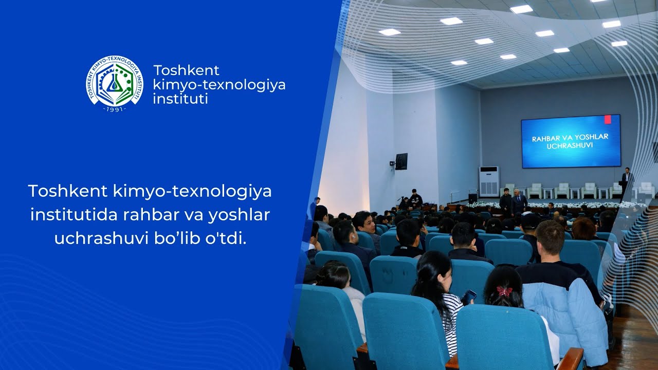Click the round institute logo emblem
pyautogui.click(x=114, y=82)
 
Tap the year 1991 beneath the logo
pyautogui.click(x=114, y=109)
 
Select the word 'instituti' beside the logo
pyautogui.click(x=180, y=99)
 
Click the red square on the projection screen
pyautogui.click(x=608, y=120)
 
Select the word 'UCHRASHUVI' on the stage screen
pyautogui.click(x=570, y=146)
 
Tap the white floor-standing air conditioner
pyautogui.click(x=488, y=181)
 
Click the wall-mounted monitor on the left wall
pyautogui.click(x=401, y=161)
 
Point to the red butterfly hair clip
pyautogui.click(x=504, y=291)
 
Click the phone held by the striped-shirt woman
pyautogui.click(x=469, y=296)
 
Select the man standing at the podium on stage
pyautogui.click(x=626, y=180)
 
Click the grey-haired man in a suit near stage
pyautogui.click(x=519, y=202)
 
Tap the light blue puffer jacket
pyautogui.click(x=565, y=313)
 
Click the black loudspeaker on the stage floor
pyautogui.click(x=472, y=198)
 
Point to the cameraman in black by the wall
pyautogui.click(x=415, y=199)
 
